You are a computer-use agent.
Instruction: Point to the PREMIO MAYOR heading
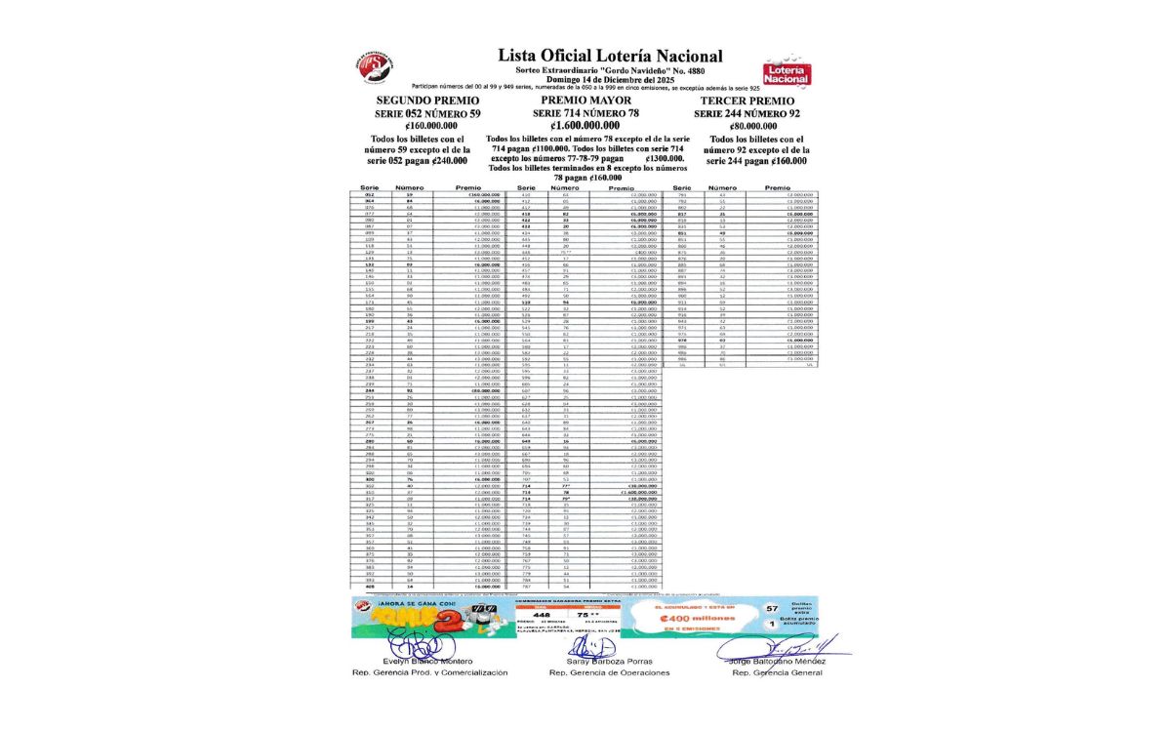point(585,101)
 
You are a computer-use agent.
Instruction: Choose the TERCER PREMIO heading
point(747,101)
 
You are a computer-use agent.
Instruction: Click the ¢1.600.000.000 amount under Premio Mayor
point(585,126)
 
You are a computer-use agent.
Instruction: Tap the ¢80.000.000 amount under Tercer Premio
point(747,126)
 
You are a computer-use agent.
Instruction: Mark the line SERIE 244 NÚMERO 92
point(747,114)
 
